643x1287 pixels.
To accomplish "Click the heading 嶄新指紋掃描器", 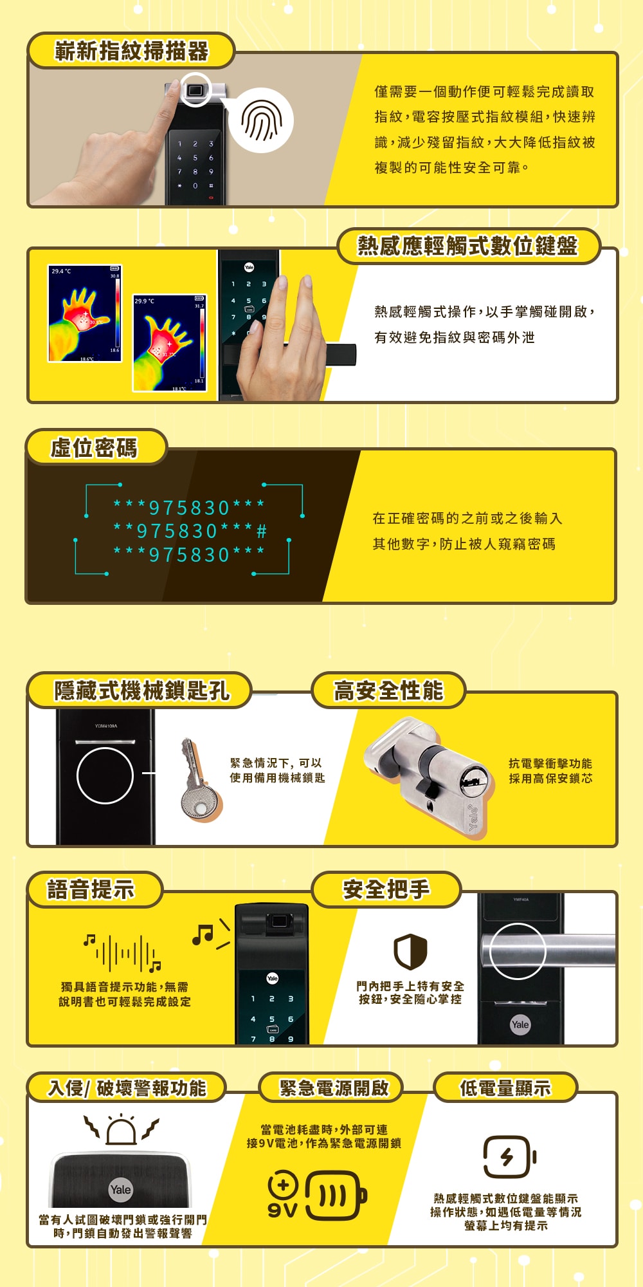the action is (x=132, y=51).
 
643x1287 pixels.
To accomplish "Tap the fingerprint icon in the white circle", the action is (x=261, y=121).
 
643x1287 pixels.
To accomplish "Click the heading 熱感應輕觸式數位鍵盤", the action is (x=468, y=246).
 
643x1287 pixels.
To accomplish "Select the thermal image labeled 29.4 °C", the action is (x=85, y=313).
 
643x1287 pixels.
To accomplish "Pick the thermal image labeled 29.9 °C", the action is (x=170, y=343).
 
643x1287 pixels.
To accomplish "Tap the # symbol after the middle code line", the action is (x=261, y=532).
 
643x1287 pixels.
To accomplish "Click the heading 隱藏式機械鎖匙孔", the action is (x=141, y=690).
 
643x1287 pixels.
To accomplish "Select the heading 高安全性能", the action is (x=388, y=690).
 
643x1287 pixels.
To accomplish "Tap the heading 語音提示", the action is (x=91, y=890).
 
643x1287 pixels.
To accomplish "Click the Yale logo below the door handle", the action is (x=520, y=1024).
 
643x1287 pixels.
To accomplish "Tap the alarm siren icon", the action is (x=122, y=1128).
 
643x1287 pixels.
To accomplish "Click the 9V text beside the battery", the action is (x=283, y=1210).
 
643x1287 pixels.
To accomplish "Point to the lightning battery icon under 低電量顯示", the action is (x=510, y=1157).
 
